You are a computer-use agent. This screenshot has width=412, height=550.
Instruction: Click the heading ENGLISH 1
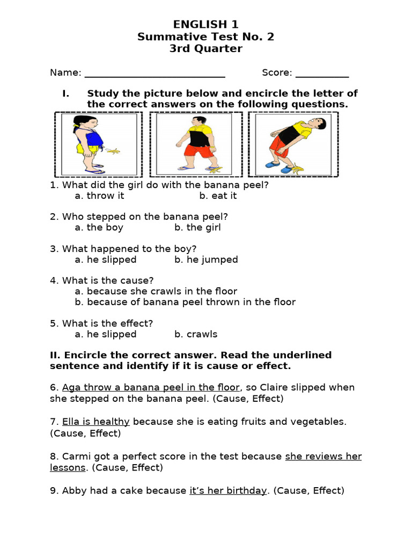pyautogui.click(x=205, y=24)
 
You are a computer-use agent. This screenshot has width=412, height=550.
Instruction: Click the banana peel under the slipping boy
pyautogui.click(x=295, y=169)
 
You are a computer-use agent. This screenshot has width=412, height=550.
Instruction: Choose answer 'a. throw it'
pyautogui.click(x=99, y=196)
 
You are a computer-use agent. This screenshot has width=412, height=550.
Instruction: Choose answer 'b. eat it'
pyautogui.click(x=218, y=196)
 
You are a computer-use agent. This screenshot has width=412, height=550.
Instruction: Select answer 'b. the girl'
pyautogui.click(x=197, y=228)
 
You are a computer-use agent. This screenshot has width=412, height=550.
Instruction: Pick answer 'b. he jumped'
pyautogui.click(x=206, y=260)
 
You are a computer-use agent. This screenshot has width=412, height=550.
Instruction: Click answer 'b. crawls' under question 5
pyautogui.click(x=196, y=335)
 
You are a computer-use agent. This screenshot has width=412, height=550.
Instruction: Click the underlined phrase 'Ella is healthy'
pyautogui.click(x=96, y=422)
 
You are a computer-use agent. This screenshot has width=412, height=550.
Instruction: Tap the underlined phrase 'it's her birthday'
pyautogui.click(x=228, y=491)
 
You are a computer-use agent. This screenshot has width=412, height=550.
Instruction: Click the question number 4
pyautogui.click(x=54, y=281)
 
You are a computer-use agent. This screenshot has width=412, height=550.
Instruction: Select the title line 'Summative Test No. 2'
pyautogui.click(x=205, y=37)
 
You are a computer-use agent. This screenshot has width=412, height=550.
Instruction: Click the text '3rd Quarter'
pyautogui.click(x=205, y=49)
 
